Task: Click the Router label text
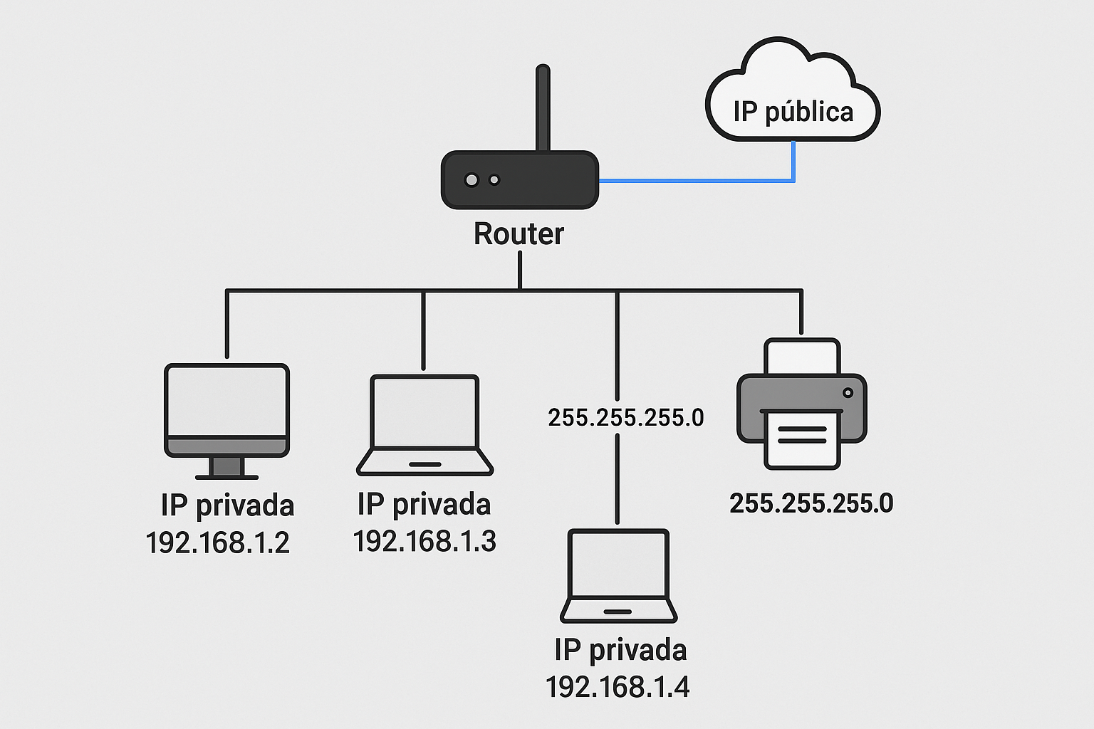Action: click(x=519, y=234)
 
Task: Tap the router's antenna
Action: click(x=543, y=107)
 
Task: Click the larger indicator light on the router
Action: click(x=472, y=180)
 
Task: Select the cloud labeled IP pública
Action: click(x=793, y=90)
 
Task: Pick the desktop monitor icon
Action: click(x=226, y=421)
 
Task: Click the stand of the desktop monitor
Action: click(x=226, y=468)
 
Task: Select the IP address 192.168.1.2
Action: click(x=218, y=542)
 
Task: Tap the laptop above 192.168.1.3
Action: click(x=424, y=425)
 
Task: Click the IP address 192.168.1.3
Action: click(x=424, y=541)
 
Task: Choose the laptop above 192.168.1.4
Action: click(x=618, y=576)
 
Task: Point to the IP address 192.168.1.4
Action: click(x=618, y=687)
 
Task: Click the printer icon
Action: click(x=802, y=404)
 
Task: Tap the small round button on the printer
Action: click(x=848, y=392)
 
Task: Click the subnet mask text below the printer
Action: click(x=811, y=503)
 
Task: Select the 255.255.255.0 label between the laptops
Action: click(x=625, y=417)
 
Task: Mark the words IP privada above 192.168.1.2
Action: click(x=228, y=505)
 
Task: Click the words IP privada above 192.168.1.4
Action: click(x=621, y=650)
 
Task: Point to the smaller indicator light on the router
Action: click(x=494, y=180)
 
